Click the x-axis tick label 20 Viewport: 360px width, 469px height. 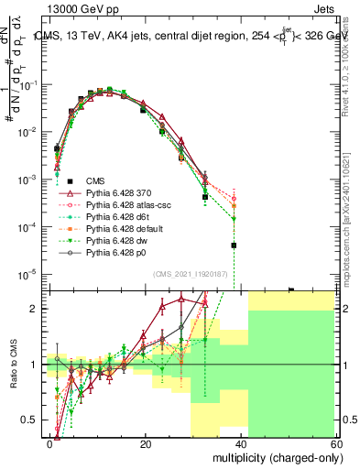click(146, 443)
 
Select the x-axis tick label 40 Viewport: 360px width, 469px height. click(241, 443)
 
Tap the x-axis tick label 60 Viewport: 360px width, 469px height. click(335, 443)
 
